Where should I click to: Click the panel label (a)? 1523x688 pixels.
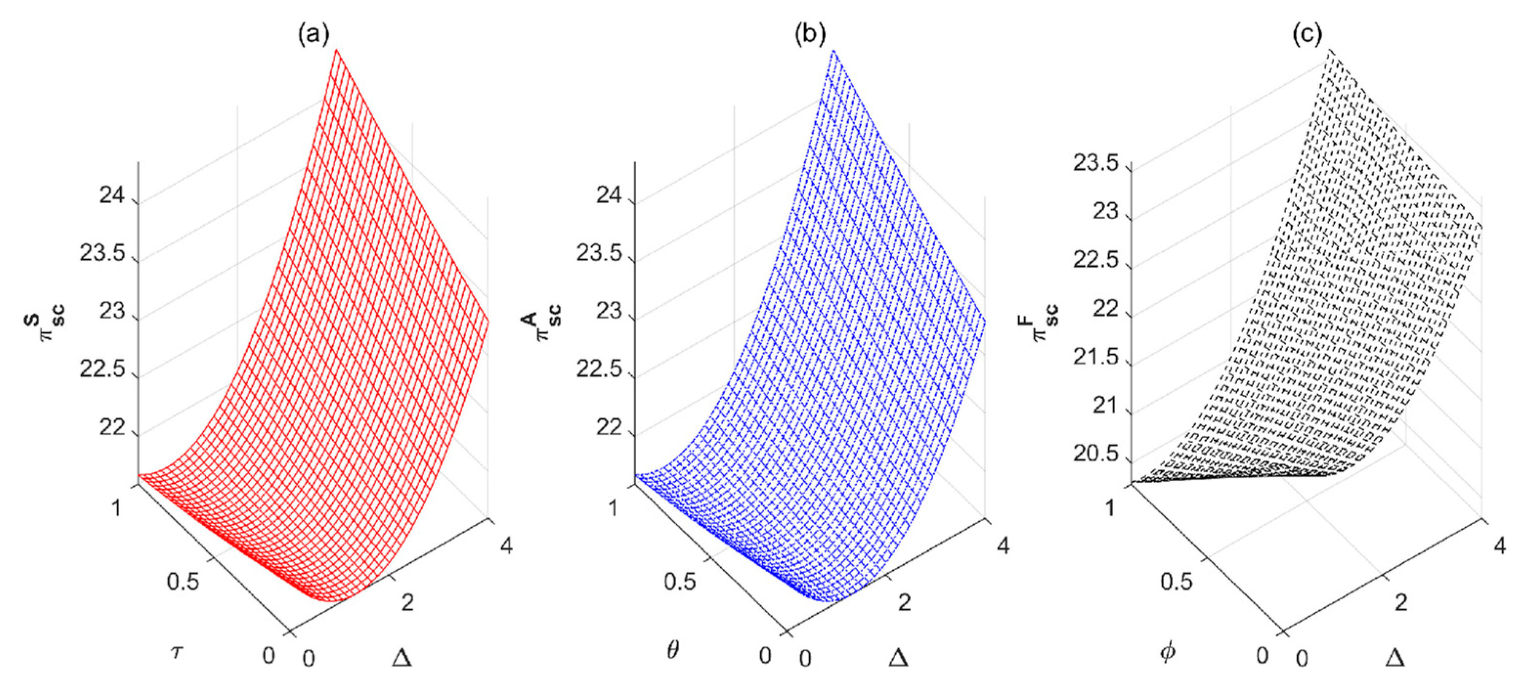pyautogui.click(x=313, y=36)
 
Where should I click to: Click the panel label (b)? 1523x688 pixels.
pyautogui.click(x=810, y=36)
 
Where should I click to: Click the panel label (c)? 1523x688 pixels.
pyautogui.click(x=1307, y=36)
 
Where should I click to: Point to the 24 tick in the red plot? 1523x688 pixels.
pyautogui.click(x=112, y=195)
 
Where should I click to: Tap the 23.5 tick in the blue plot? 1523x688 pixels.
pyautogui.click(x=601, y=254)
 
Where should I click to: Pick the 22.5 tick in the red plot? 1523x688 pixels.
pyautogui.click(x=104, y=370)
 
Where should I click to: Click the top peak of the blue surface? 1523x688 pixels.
pyautogui.click(x=833, y=51)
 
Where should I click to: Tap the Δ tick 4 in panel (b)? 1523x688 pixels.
pyautogui.click(x=1003, y=545)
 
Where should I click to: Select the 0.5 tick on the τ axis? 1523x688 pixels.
pyautogui.click(x=183, y=581)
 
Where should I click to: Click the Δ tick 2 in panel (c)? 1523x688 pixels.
pyautogui.click(x=1401, y=603)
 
